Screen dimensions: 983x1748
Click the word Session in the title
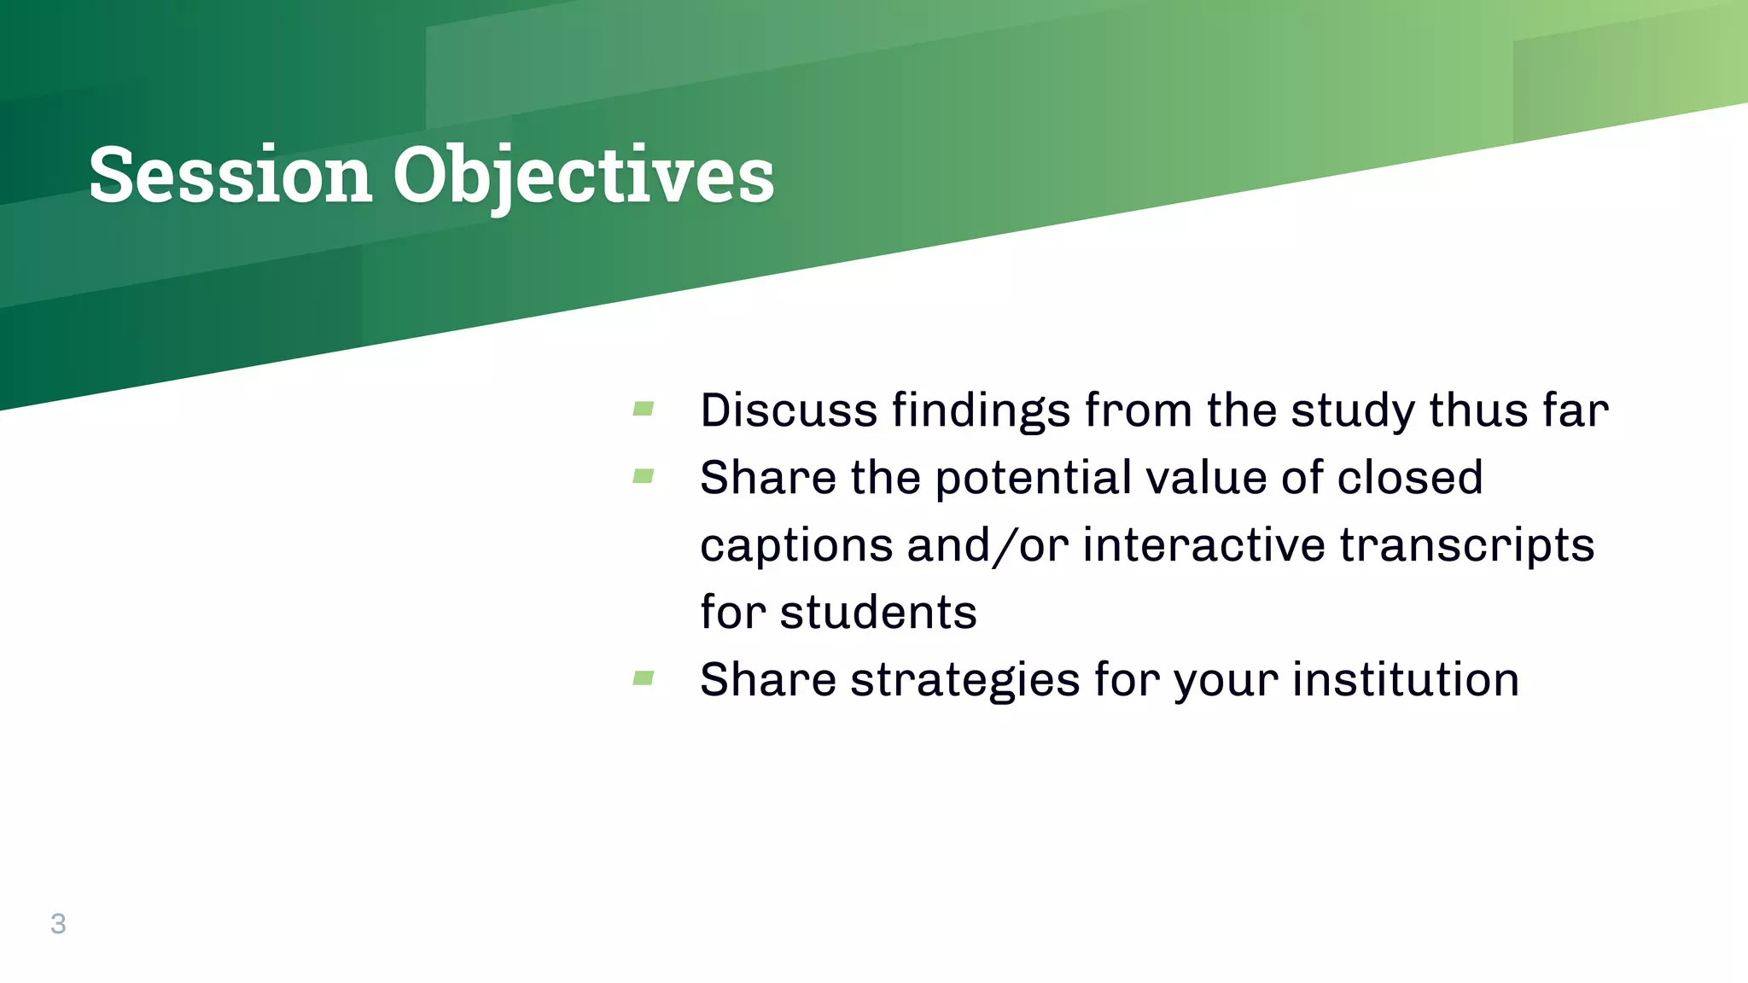pyautogui.click(x=230, y=175)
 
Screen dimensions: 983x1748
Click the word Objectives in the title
pyautogui.click(x=583, y=175)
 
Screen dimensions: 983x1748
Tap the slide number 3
pyautogui.click(x=58, y=923)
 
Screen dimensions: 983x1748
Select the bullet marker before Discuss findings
pyautogui.click(x=644, y=409)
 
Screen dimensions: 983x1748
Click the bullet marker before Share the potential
pyautogui.click(x=644, y=476)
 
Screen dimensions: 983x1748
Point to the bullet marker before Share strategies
pyautogui.click(x=644, y=678)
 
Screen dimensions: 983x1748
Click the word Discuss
pyautogui.click(x=788, y=410)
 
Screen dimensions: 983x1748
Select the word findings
pyautogui.click(x=981, y=410)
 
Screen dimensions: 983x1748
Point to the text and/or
pyautogui.click(x=988, y=546)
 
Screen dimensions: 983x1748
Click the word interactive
pyautogui.click(x=1203, y=546)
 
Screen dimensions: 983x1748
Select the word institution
pyautogui.click(x=1405, y=680)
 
